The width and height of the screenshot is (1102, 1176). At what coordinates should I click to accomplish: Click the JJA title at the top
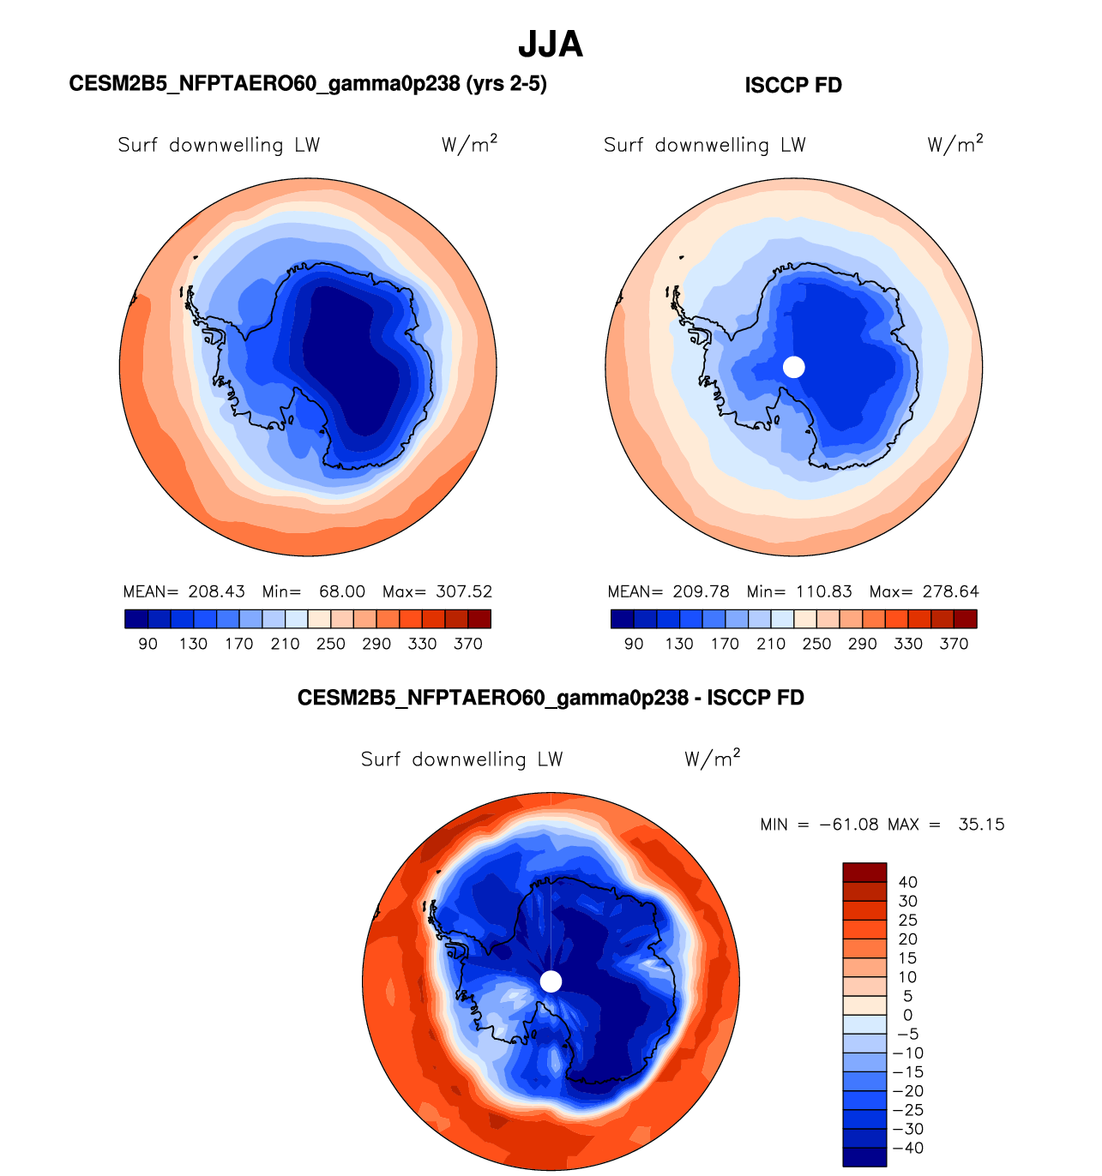pyautogui.click(x=551, y=45)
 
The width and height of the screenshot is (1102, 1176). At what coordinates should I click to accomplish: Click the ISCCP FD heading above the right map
pyautogui.click(x=793, y=86)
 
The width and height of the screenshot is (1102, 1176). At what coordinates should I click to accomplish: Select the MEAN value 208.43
pyautogui.click(x=217, y=591)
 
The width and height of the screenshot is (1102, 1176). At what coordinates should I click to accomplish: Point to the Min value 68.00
pyautogui.click(x=342, y=591)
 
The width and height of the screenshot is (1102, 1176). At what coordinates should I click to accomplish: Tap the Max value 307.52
pyautogui.click(x=464, y=591)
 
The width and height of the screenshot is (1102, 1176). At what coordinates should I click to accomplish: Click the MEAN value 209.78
pyautogui.click(x=702, y=591)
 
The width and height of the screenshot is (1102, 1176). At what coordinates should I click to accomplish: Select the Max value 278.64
pyautogui.click(x=950, y=591)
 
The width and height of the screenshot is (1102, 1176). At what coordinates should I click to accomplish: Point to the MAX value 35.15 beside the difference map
pyautogui.click(x=981, y=825)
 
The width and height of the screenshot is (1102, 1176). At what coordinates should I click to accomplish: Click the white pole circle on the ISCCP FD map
pyautogui.click(x=794, y=367)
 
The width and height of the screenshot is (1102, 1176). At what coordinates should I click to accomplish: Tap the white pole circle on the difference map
pyautogui.click(x=551, y=981)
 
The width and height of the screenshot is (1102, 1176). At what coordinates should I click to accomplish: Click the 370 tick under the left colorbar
pyautogui.click(x=468, y=644)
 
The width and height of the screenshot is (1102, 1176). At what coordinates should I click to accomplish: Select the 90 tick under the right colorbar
pyautogui.click(x=634, y=644)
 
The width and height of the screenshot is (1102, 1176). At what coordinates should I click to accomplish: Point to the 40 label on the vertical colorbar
pyautogui.click(x=907, y=882)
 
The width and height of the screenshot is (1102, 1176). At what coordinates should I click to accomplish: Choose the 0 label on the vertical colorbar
pyautogui.click(x=907, y=1016)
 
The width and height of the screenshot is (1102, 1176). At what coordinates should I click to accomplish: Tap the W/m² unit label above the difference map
pyautogui.click(x=712, y=759)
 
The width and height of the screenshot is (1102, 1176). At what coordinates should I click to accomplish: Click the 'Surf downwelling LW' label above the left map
pyautogui.click(x=219, y=145)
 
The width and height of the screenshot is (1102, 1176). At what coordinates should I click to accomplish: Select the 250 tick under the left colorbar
pyautogui.click(x=331, y=644)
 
